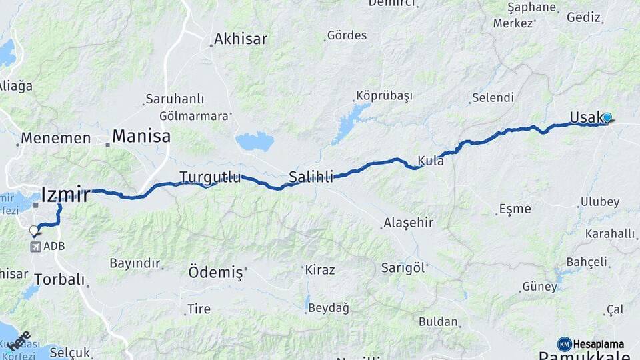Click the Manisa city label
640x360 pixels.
tap(141, 137)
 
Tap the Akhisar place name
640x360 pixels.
tap(241, 39)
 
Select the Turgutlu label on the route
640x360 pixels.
tap(210, 177)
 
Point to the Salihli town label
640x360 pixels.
tap(311, 177)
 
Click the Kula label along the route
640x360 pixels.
tap(431, 161)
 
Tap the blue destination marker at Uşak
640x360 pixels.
tap(607, 117)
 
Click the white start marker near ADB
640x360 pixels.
tap(34, 231)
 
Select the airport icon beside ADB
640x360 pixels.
tap(35, 247)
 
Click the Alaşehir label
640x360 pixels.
tap(409, 223)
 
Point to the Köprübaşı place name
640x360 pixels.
tap(384, 95)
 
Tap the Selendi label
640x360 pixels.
tap(493, 98)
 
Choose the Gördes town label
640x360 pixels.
tap(347, 35)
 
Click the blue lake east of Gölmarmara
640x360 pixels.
tap(255, 141)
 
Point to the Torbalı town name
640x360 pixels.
tap(59, 279)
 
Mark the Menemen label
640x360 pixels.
tap(55, 139)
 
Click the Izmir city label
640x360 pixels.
tap(65, 195)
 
